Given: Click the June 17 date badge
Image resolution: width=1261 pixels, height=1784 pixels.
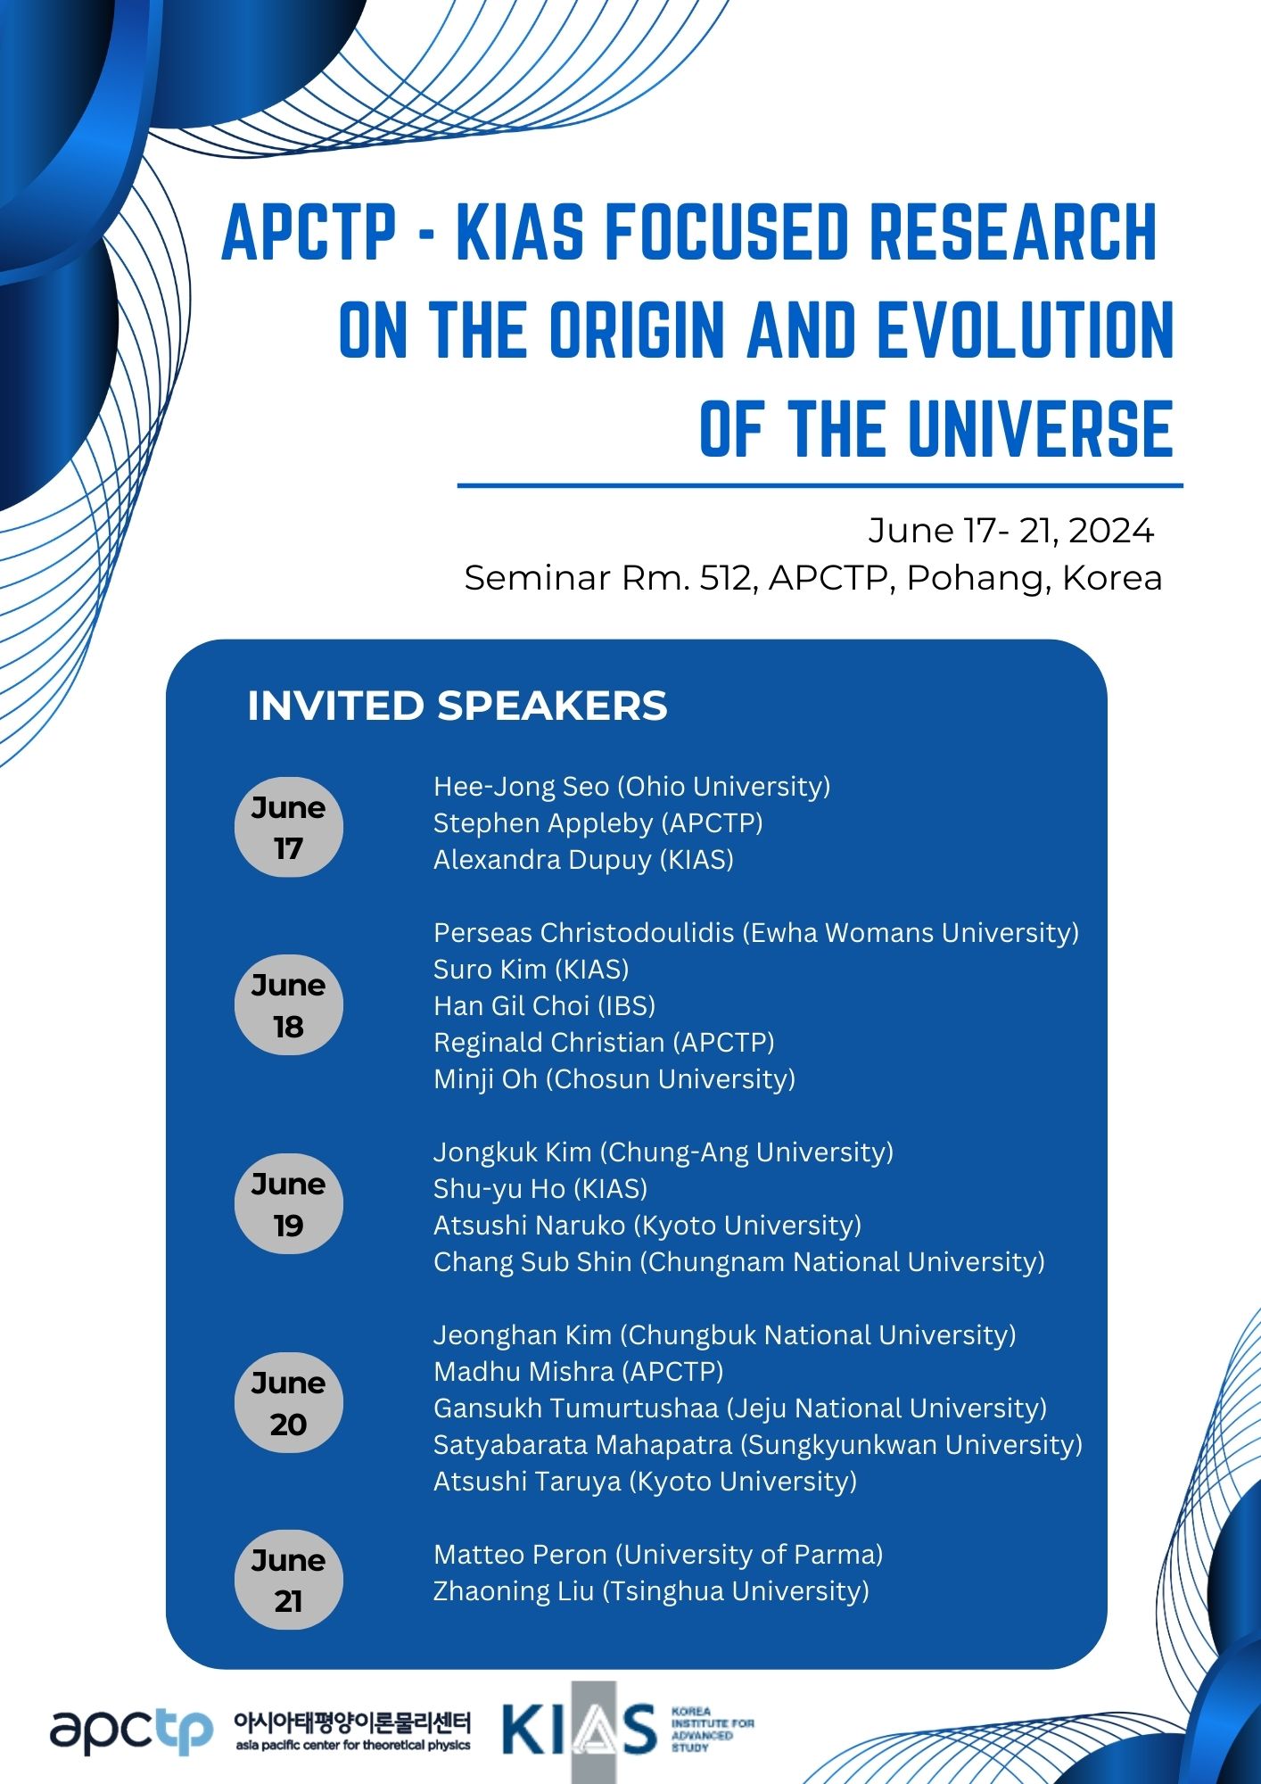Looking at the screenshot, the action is point(288,827).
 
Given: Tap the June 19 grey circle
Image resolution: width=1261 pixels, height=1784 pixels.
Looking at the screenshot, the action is point(288,1204).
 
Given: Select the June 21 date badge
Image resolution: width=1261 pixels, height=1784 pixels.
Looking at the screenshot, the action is point(288,1581).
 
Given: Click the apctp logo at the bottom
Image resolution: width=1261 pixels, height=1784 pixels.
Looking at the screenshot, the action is point(131,1731).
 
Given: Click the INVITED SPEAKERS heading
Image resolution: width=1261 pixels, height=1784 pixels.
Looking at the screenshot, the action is point(457,706).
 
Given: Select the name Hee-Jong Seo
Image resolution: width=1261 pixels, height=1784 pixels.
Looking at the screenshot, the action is point(521,786).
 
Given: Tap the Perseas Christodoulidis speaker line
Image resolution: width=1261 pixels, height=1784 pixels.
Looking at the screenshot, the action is point(756,933).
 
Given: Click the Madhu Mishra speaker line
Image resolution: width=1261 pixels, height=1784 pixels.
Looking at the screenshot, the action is point(578,1372).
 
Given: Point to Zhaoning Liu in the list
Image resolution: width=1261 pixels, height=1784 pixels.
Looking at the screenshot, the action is point(514,1591).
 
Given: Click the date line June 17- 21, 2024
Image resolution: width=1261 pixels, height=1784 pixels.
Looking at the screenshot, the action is point(1011,531).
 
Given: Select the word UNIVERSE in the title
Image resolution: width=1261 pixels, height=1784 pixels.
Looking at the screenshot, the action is point(1040,429).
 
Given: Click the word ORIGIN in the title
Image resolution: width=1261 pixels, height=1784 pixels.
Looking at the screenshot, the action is point(637,329).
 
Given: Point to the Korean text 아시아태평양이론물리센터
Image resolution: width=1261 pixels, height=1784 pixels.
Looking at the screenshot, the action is point(351,1721).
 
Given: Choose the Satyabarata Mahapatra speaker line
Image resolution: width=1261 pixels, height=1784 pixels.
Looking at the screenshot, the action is point(758,1445).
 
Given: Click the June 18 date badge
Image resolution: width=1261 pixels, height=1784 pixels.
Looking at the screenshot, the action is point(288,1005).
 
